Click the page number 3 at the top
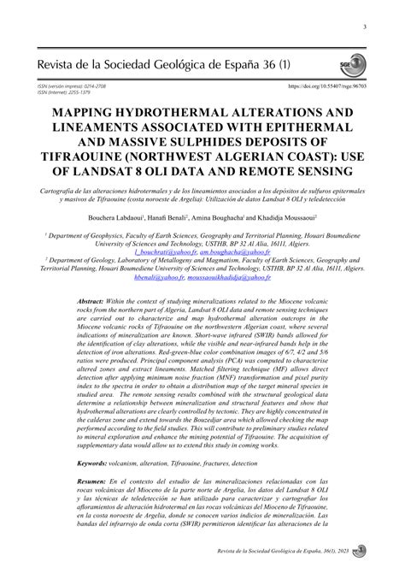(x=365, y=28)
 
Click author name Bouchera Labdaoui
(x=135, y=219)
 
